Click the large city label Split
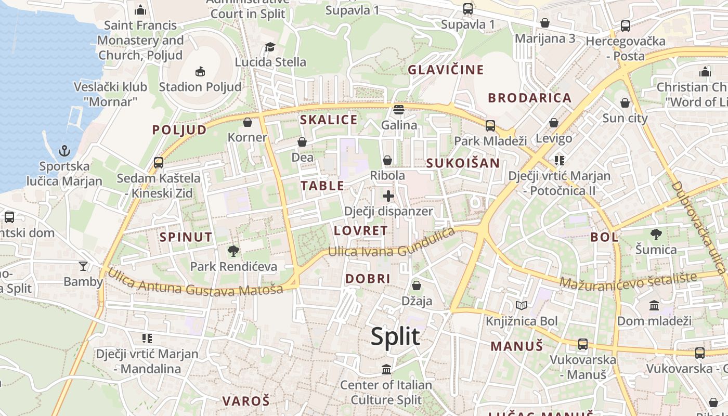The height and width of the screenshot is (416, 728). point(395,336)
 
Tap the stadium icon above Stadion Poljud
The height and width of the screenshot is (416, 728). point(200,71)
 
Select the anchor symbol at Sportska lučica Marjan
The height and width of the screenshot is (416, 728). point(64,151)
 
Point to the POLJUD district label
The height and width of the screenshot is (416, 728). point(179,130)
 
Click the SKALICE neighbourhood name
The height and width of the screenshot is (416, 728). point(329,120)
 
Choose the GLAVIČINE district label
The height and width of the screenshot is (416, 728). point(446,70)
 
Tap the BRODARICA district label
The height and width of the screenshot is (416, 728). point(529,98)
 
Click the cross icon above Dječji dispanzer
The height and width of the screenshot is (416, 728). point(388,196)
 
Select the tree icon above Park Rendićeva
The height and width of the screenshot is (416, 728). point(233,251)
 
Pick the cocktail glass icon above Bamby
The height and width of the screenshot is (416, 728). point(83,266)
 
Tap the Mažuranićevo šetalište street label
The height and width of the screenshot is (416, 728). point(628,280)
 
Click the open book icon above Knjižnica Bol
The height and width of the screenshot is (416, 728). point(522,305)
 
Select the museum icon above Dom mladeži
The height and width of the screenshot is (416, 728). point(654,305)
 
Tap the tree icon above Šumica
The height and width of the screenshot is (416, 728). point(656,235)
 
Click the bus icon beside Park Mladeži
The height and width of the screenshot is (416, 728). point(490,125)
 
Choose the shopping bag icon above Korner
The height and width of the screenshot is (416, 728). point(248,122)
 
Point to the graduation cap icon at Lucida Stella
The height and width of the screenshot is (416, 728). point(270,47)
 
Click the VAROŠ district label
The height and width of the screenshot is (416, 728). point(246,401)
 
